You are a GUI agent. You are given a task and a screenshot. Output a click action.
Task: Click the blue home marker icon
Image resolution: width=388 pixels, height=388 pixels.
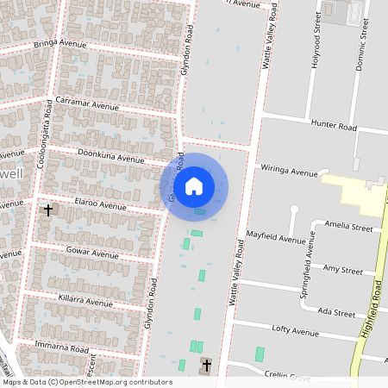[x=194, y=185]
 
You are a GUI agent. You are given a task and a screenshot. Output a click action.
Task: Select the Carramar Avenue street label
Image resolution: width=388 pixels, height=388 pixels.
[x=87, y=104]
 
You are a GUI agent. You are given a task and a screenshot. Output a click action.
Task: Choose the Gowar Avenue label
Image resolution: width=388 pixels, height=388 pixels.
[x=92, y=254]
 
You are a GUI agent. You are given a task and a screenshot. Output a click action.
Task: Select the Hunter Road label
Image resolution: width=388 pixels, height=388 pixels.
[x=335, y=126]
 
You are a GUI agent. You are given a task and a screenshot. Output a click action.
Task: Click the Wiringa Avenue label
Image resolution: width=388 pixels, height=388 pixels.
[x=291, y=172]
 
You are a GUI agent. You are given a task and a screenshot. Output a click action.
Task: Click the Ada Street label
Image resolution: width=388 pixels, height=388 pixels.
[x=337, y=310]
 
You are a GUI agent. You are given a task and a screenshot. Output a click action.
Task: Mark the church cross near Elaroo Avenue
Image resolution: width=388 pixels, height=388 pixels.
[x=48, y=210]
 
